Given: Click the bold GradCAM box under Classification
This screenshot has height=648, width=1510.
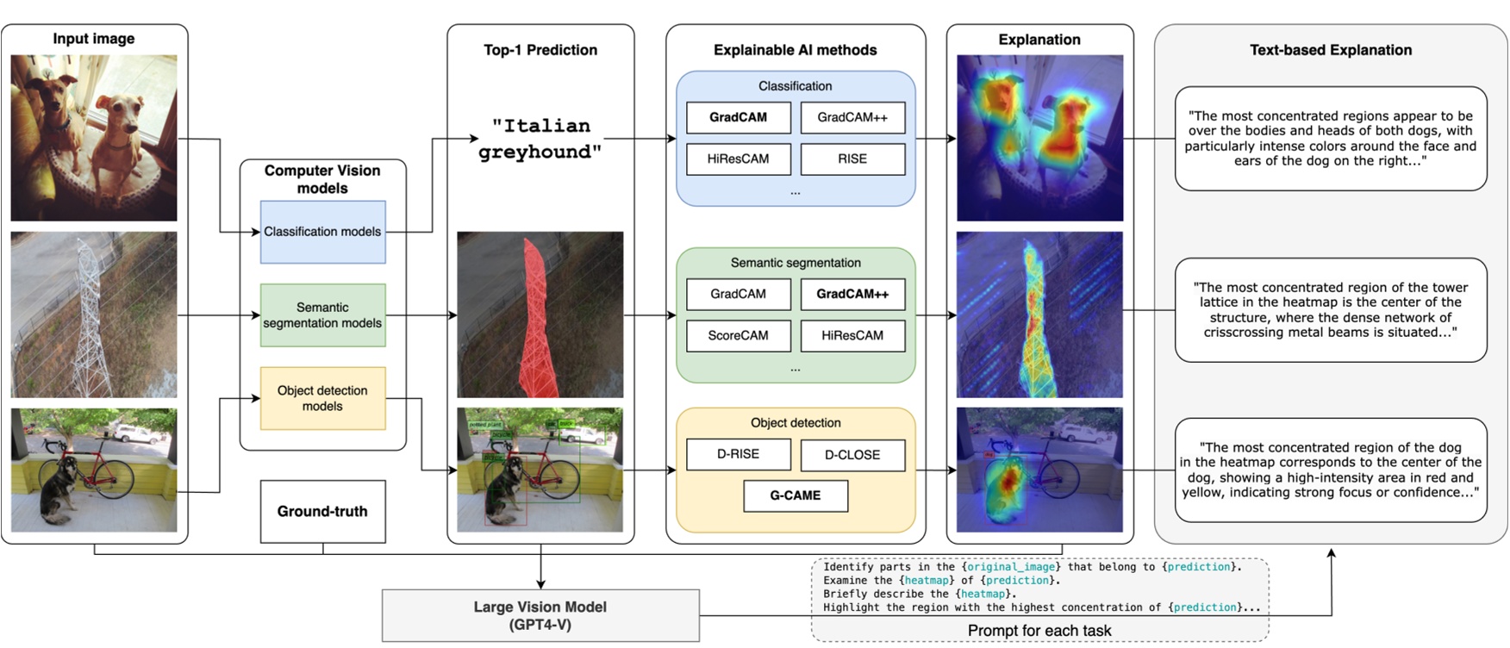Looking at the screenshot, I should coord(738,118).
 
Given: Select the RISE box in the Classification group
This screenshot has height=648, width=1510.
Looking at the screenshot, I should coord(852,159).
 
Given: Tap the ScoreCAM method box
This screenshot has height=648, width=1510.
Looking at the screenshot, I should coord(738,335).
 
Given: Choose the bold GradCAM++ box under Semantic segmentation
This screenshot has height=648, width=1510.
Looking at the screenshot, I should coord(852,294).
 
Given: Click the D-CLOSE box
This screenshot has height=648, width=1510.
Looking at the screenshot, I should coord(852,455).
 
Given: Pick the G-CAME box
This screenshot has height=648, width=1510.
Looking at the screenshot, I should coord(795,495).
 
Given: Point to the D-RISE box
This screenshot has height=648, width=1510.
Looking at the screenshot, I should coord(738,454).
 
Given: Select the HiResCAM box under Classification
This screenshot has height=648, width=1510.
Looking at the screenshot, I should coord(738,159).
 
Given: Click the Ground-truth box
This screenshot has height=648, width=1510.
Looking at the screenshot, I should coord(322,511).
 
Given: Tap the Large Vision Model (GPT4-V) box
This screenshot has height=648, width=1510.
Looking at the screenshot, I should coord(540,615).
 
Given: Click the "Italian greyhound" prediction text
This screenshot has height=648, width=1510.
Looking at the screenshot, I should coord(540,139).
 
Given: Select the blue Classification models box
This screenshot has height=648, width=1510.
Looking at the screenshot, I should coord(322,232).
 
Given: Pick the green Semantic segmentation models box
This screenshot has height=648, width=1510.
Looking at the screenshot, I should coord(322,315).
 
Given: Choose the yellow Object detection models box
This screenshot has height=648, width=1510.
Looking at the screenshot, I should coord(322,398).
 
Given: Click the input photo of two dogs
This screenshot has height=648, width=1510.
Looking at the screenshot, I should coord(94,138).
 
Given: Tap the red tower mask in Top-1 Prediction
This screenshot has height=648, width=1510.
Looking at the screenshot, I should coord(536,319).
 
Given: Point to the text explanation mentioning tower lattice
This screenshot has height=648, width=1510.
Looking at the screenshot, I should coord(1330,309).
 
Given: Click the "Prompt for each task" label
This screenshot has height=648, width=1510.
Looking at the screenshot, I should coord(1039,631).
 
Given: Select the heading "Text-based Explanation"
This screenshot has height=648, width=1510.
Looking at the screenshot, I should coord(1330,50).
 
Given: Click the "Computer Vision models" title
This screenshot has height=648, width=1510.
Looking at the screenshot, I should coord(322,179).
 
